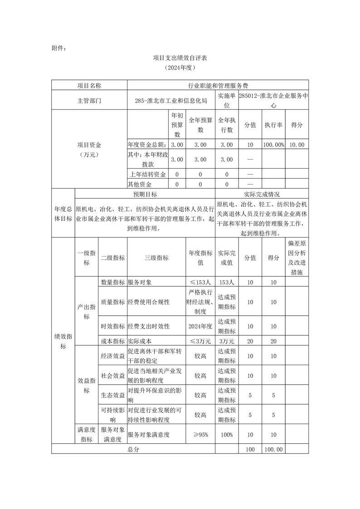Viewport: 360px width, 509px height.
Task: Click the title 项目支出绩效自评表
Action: (180, 58)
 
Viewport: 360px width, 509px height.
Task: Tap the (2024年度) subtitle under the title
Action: (180, 69)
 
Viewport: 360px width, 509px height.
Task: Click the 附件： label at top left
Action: (59, 47)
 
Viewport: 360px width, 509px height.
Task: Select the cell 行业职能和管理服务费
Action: (218, 85)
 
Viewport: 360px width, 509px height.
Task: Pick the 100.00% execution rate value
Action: (273, 145)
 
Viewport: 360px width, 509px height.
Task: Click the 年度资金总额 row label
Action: (148, 145)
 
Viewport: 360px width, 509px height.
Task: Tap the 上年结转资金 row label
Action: (148, 174)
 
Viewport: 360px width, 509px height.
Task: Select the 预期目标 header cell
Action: (145, 194)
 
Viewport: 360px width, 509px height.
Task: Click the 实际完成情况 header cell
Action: (262, 194)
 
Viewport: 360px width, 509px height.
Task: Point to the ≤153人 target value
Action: (200, 282)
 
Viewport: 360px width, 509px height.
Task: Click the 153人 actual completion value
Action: (227, 282)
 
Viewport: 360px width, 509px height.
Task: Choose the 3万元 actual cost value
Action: (227, 341)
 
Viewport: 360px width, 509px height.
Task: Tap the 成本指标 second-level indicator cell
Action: (112, 341)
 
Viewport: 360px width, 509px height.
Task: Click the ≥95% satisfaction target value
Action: (200, 435)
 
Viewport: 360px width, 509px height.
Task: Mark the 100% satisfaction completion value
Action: (227, 435)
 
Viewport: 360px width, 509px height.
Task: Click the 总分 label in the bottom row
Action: (133, 449)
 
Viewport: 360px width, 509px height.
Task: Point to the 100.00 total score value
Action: (273, 449)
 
